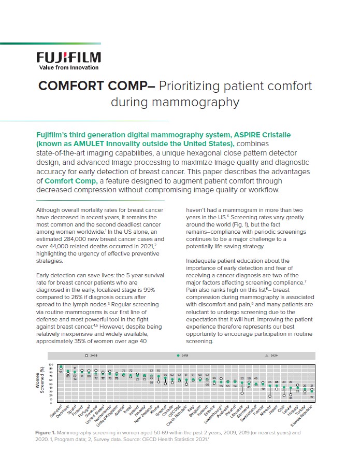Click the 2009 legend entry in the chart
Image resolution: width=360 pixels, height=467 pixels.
[x=90, y=356]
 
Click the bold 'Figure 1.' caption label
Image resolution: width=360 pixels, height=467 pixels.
[x=48, y=432]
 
